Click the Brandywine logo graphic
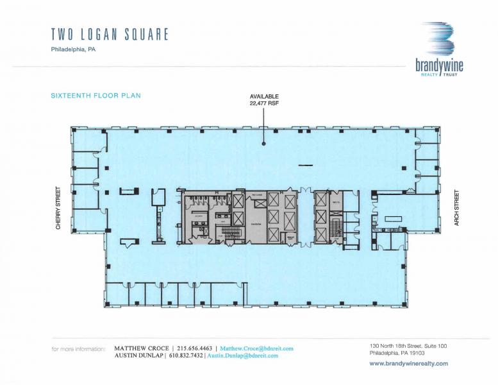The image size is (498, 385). tap(439, 40)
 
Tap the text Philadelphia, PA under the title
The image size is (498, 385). tap(73, 49)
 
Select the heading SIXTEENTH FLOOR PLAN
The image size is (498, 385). tap(95, 96)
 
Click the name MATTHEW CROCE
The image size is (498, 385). tap(142, 348)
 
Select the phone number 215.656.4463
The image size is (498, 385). tap(195, 348)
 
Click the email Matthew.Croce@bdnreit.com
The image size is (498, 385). tap(256, 348)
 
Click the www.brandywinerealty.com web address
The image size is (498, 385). tap(408, 363)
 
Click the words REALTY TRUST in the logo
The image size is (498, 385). tap(440, 75)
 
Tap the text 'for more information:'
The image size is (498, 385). tap(78, 349)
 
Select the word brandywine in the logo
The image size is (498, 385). tap(439, 65)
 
